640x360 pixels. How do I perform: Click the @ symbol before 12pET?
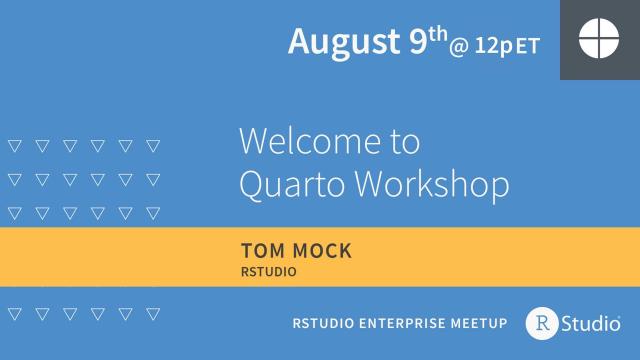[459, 46]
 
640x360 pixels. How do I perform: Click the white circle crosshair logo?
[599, 40]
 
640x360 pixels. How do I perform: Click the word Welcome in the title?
[301, 141]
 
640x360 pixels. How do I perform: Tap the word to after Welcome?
[401, 142]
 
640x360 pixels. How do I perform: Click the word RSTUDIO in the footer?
[324, 323]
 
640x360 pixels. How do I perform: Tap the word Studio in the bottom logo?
[591, 322]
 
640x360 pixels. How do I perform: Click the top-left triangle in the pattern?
[14, 144]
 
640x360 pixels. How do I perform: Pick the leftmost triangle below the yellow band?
[14, 314]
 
